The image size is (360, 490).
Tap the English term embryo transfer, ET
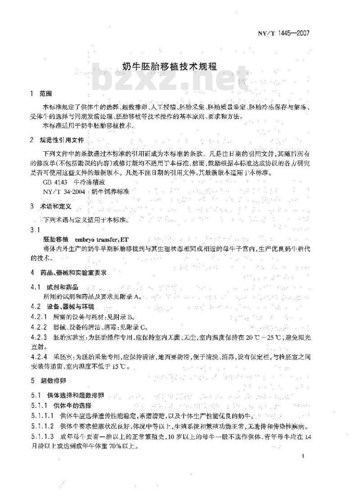pyautogui.click(x=104, y=239)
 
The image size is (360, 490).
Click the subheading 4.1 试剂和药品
pyautogui.click(x=54, y=287)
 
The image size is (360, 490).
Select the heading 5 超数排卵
pyautogui.click(x=47, y=380)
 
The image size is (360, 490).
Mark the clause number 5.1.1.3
pyautogui.click(x=42, y=436)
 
